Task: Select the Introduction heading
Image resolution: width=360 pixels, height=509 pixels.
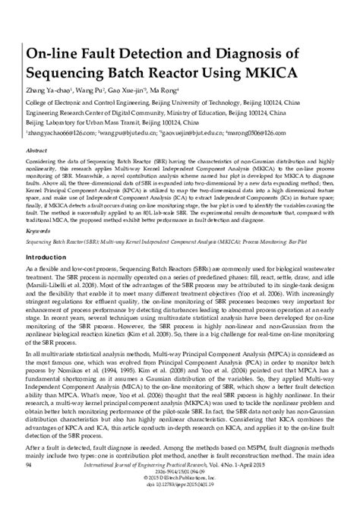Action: (x=52, y=258)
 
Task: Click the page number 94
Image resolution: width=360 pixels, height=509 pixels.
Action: (x=29, y=483)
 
